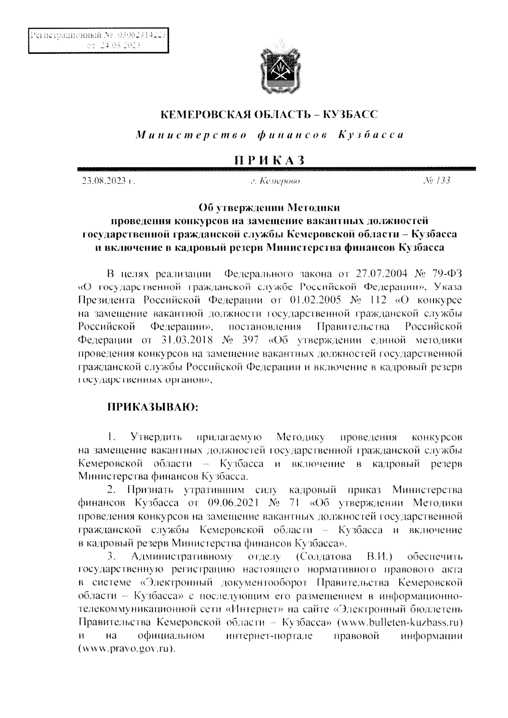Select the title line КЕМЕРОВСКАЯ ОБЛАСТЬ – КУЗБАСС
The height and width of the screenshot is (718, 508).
pyautogui.click(x=270, y=114)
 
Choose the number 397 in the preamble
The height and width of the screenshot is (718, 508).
pyautogui.click(x=253, y=340)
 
